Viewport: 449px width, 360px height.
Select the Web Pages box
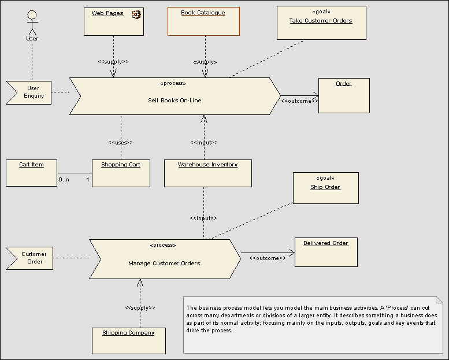point(113,21)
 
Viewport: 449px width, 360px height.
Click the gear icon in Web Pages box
point(136,14)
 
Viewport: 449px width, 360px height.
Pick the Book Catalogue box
point(203,21)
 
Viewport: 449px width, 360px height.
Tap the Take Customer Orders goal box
point(321,23)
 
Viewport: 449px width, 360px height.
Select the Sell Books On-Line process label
point(175,100)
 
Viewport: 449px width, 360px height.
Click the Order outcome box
point(343,95)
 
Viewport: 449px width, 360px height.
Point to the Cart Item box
point(31,173)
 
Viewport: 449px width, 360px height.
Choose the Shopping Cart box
point(121,173)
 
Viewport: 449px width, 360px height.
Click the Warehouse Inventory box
point(207,173)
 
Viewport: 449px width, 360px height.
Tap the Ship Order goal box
point(325,188)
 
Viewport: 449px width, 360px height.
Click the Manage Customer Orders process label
point(164,263)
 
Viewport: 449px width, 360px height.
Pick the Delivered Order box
point(326,252)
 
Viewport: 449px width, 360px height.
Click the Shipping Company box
point(128,340)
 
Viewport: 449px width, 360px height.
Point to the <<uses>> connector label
point(120,143)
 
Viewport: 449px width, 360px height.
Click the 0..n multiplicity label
point(64,180)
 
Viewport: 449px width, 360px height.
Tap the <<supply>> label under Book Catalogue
point(205,61)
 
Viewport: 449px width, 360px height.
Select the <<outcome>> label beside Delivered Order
point(268,258)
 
